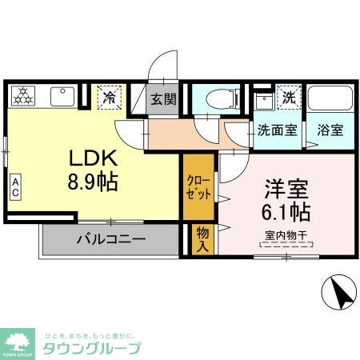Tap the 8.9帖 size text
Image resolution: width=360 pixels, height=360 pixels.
[x=92, y=182]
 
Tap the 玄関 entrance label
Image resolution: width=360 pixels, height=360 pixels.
[x=166, y=101]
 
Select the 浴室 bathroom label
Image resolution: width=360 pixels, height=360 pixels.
[x=330, y=130]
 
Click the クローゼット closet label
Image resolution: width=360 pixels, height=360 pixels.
[x=199, y=186]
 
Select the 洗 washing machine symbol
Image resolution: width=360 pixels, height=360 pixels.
[x=289, y=98]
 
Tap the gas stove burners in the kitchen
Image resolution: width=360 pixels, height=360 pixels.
[x=24, y=97]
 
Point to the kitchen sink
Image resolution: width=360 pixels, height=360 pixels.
[x=62, y=97]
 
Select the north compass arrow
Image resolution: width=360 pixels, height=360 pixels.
[x=339, y=292]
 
